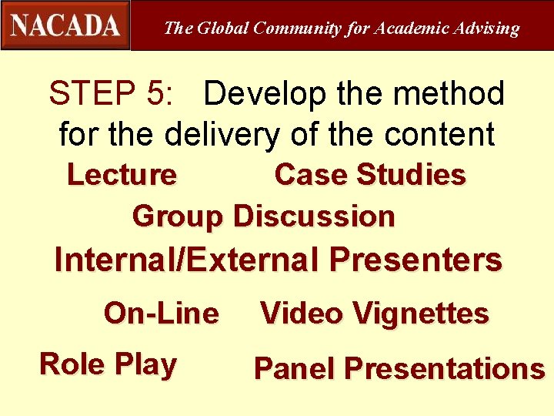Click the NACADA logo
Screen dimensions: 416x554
(65, 25)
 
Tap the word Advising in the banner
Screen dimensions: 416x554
(486, 29)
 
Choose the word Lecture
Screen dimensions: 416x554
(122, 175)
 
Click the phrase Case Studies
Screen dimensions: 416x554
(370, 175)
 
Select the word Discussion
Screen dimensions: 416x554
(314, 216)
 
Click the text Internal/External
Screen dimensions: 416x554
(186, 260)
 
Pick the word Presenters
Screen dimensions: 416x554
(415, 260)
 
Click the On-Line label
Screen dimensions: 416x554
(162, 314)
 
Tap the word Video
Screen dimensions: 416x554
(301, 314)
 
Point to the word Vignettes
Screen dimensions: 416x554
(420, 314)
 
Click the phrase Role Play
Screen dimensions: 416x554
(108, 364)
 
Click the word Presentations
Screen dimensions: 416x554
(444, 369)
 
